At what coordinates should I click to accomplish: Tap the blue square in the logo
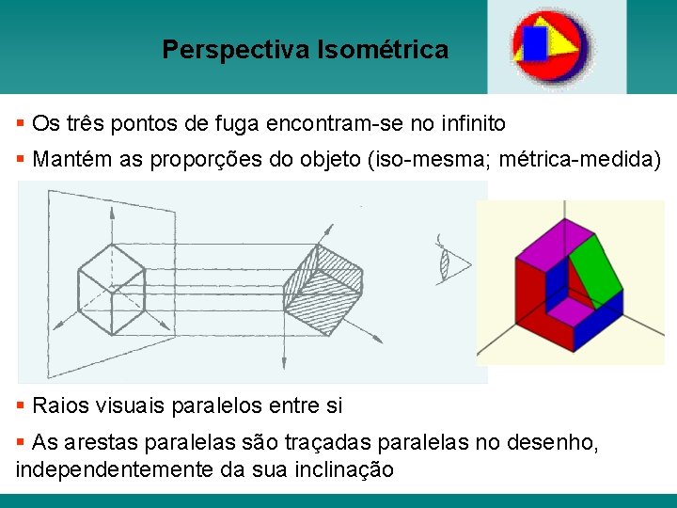535,42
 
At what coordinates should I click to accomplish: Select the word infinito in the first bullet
470,123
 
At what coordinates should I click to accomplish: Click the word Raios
59,406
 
